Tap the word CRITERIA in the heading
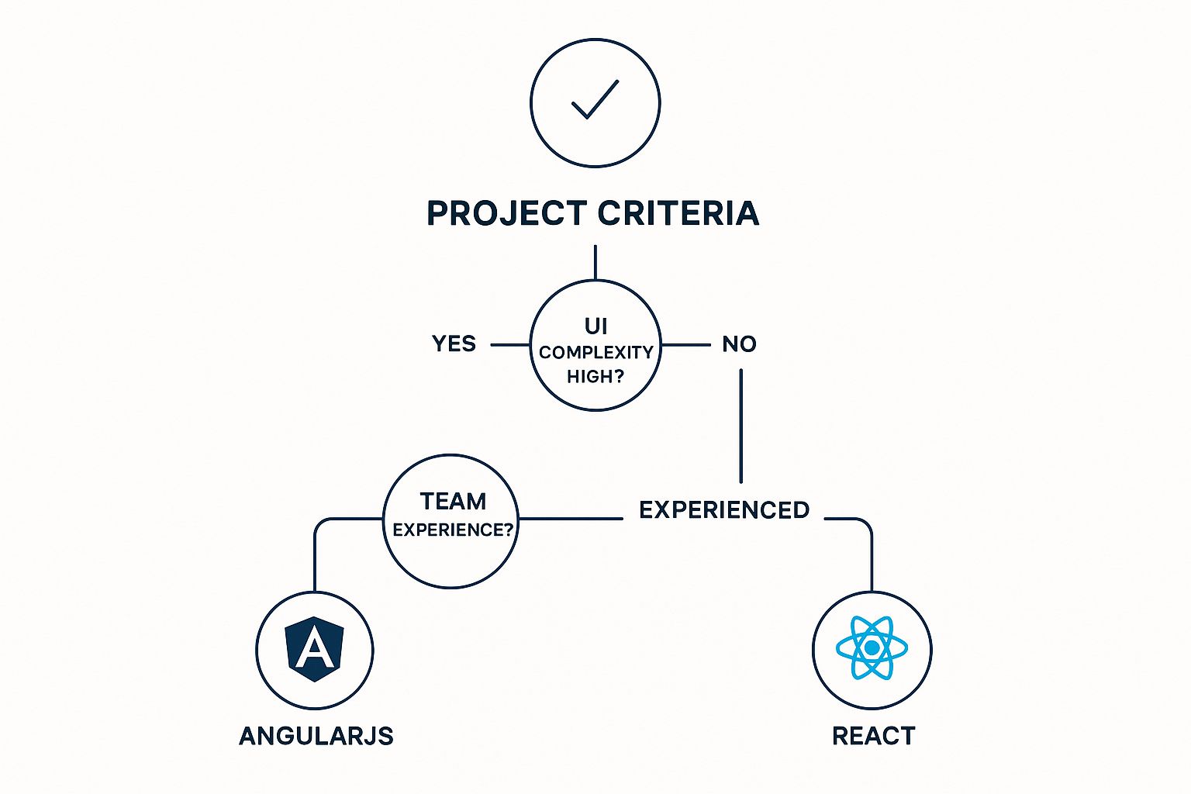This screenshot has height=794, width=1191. pos(679,213)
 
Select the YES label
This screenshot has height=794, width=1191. pos(454,343)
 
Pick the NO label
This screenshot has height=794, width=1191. pos(739,343)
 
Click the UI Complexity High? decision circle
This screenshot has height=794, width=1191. pos(595,395)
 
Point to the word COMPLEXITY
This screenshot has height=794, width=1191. pos(595,353)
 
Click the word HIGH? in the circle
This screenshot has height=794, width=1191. pos(595,377)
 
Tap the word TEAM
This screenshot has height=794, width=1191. pos(453,501)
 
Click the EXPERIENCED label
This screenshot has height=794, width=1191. pos(724,510)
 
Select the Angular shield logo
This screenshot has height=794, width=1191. pos(314,649)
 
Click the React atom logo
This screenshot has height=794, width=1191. pos(872,647)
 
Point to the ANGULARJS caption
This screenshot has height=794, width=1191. pos(316,735)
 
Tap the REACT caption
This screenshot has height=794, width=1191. pos(873,735)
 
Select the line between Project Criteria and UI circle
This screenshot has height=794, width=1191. pos(595,262)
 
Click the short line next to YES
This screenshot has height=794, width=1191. pos(509,344)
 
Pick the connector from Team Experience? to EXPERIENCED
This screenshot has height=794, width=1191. pos(571,518)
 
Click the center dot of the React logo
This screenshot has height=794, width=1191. pos(872,647)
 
